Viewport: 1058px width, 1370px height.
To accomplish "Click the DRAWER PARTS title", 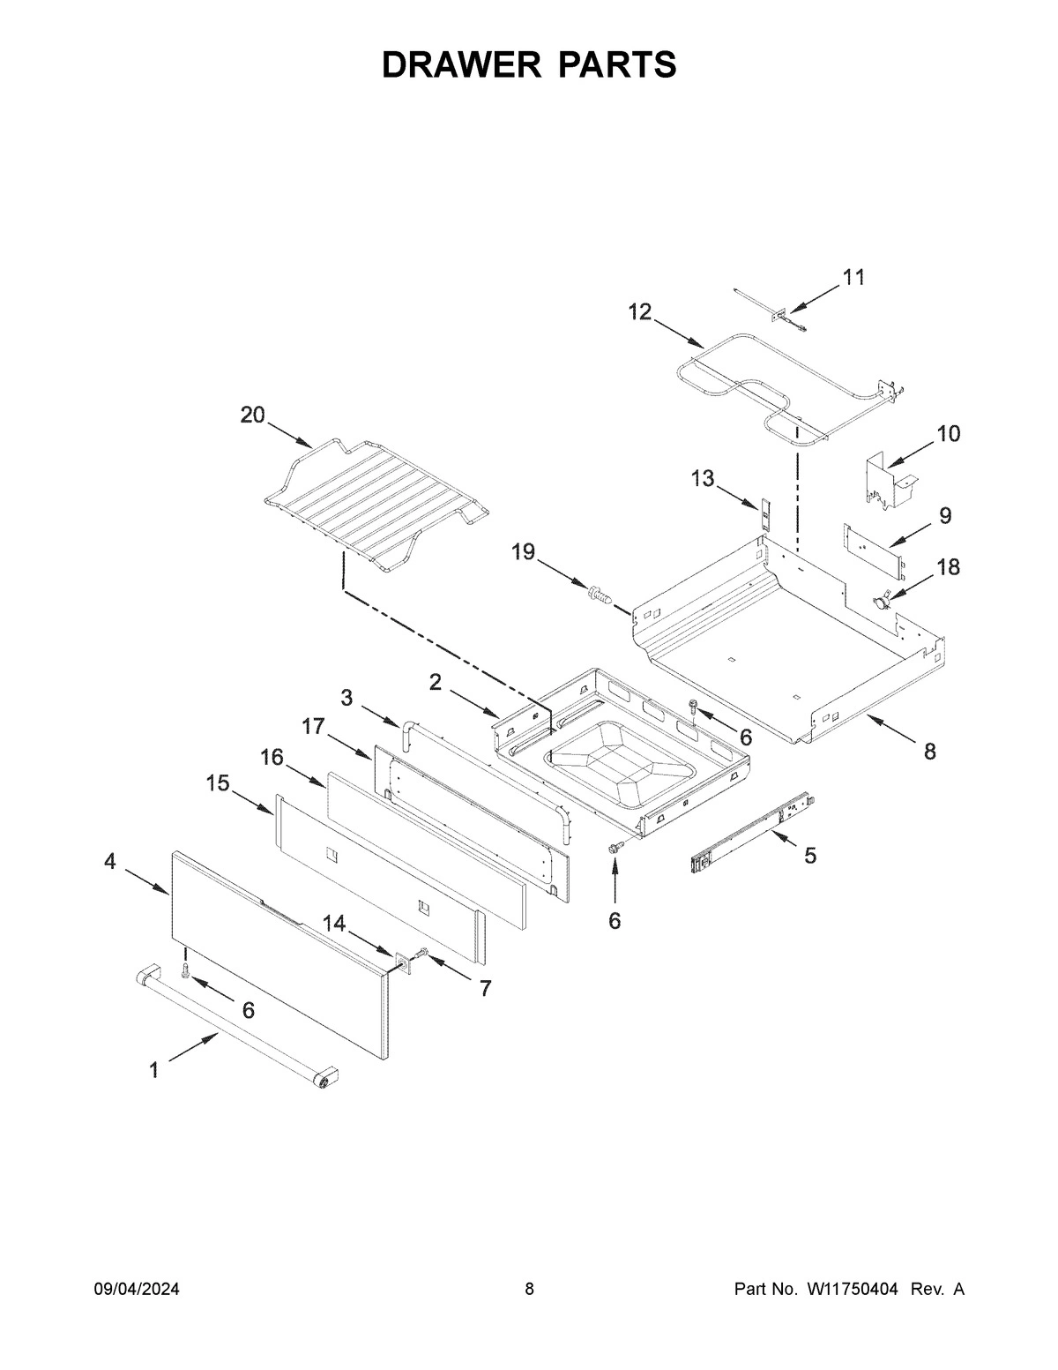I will point(529,65).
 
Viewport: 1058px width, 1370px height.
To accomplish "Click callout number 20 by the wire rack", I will point(253,415).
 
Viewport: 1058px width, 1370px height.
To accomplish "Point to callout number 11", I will point(853,277).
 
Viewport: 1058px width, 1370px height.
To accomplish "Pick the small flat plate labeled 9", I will point(872,546).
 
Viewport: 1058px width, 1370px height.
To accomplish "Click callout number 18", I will point(948,567).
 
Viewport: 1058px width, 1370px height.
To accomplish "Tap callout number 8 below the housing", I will point(929,752).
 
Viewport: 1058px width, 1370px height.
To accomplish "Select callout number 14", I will point(333,923).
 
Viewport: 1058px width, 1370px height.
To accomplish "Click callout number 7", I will point(485,988).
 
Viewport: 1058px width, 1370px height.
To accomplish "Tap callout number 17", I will point(313,726).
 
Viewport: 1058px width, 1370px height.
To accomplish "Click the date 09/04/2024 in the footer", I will point(137,1290).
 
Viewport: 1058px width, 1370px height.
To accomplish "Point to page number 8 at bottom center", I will point(529,1290).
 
